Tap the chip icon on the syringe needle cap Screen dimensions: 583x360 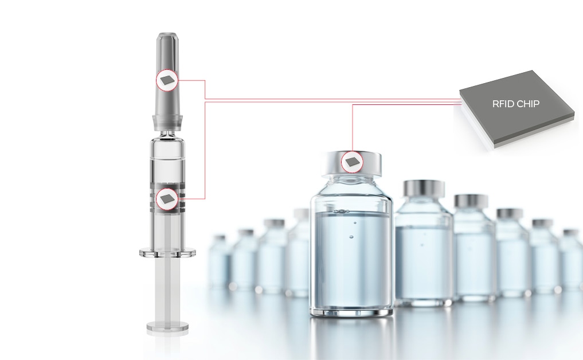click(x=167, y=80)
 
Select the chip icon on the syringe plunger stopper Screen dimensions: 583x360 click(x=167, y=199)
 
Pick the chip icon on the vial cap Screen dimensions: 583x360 click(x=352, y=162)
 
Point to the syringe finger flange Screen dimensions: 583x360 click(x=167, y=253)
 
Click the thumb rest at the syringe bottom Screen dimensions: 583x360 click(x=167, y=327)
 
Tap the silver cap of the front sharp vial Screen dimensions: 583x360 click(x=351, y=163)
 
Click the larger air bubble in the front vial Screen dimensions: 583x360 click(x=351, y=237)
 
